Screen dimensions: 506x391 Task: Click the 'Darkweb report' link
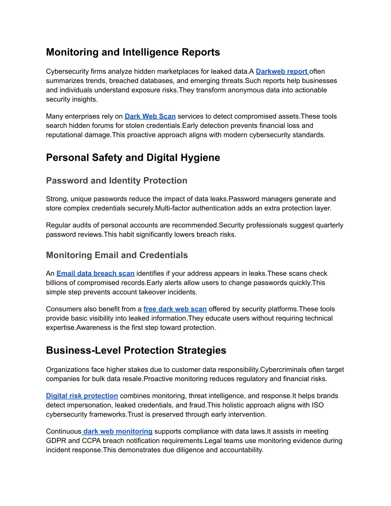coord(282,71)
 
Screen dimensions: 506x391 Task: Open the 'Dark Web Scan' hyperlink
coord(150,116)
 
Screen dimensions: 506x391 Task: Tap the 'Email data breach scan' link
coord(95,273)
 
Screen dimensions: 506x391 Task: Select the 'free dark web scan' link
coord(175,309)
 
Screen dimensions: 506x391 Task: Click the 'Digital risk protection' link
coord(82,396)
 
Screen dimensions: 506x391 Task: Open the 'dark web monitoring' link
coord(118,432)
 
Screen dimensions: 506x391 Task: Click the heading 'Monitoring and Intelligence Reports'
coord(133,52)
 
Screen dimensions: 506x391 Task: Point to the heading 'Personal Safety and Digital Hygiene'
coord(133,158)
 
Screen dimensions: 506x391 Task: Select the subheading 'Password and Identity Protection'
coord(116,181)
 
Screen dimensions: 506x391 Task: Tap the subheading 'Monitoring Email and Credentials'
coord(117,255)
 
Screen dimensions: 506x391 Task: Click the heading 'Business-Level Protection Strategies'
coord(136,351)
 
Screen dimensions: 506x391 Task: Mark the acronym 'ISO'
coord(317,405)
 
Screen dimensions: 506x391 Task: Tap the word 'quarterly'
coord(328,225)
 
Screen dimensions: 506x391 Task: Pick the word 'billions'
coord(58,283)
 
